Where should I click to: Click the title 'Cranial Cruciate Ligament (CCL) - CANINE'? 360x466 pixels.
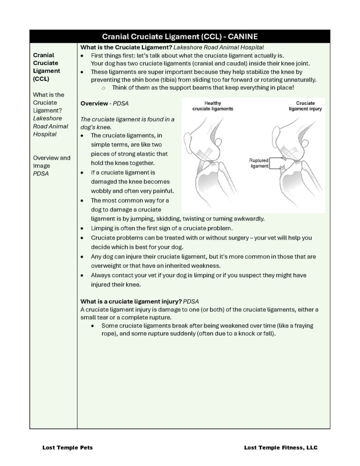tap(180, 37)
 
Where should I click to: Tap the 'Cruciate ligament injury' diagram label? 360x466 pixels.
tap(305, 106)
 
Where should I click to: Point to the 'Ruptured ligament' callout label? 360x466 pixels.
tap(259, 163)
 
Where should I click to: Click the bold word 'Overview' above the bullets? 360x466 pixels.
tap(94, 103)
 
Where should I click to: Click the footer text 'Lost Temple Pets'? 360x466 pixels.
tap(67, 448)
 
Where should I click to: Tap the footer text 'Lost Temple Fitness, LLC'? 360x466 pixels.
tap(281, 448)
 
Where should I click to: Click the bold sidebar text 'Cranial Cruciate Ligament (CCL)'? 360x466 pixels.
tap(46, 67)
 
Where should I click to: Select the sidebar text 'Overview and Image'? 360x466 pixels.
tap(52, 162)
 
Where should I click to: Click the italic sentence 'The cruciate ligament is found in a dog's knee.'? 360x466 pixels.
tap(127, 123)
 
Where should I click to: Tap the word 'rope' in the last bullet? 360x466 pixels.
tap(108, 334)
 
